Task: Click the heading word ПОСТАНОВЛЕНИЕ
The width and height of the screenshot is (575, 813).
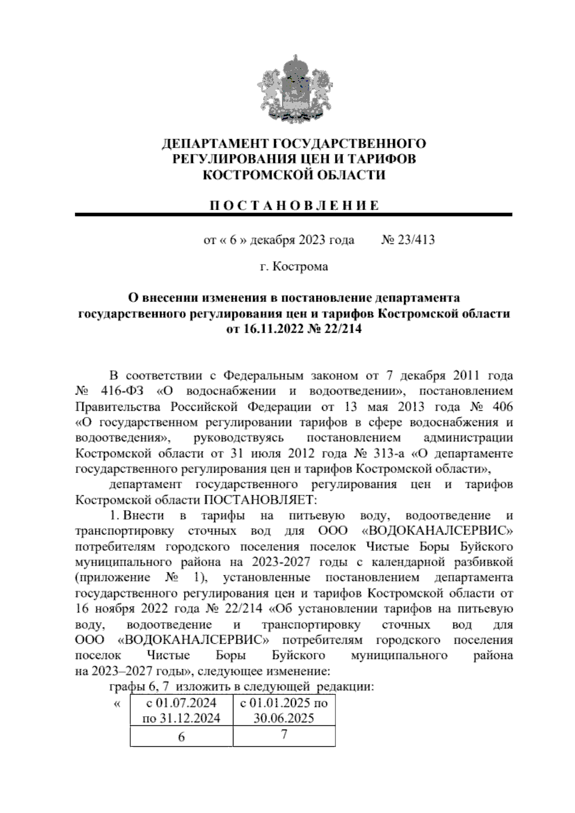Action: tap(294, 206)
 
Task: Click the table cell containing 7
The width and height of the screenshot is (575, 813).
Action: tap(284, 734)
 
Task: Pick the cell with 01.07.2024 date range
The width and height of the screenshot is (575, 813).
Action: tap(181, 710)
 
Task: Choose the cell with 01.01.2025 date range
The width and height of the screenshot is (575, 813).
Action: tap(284, 710)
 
